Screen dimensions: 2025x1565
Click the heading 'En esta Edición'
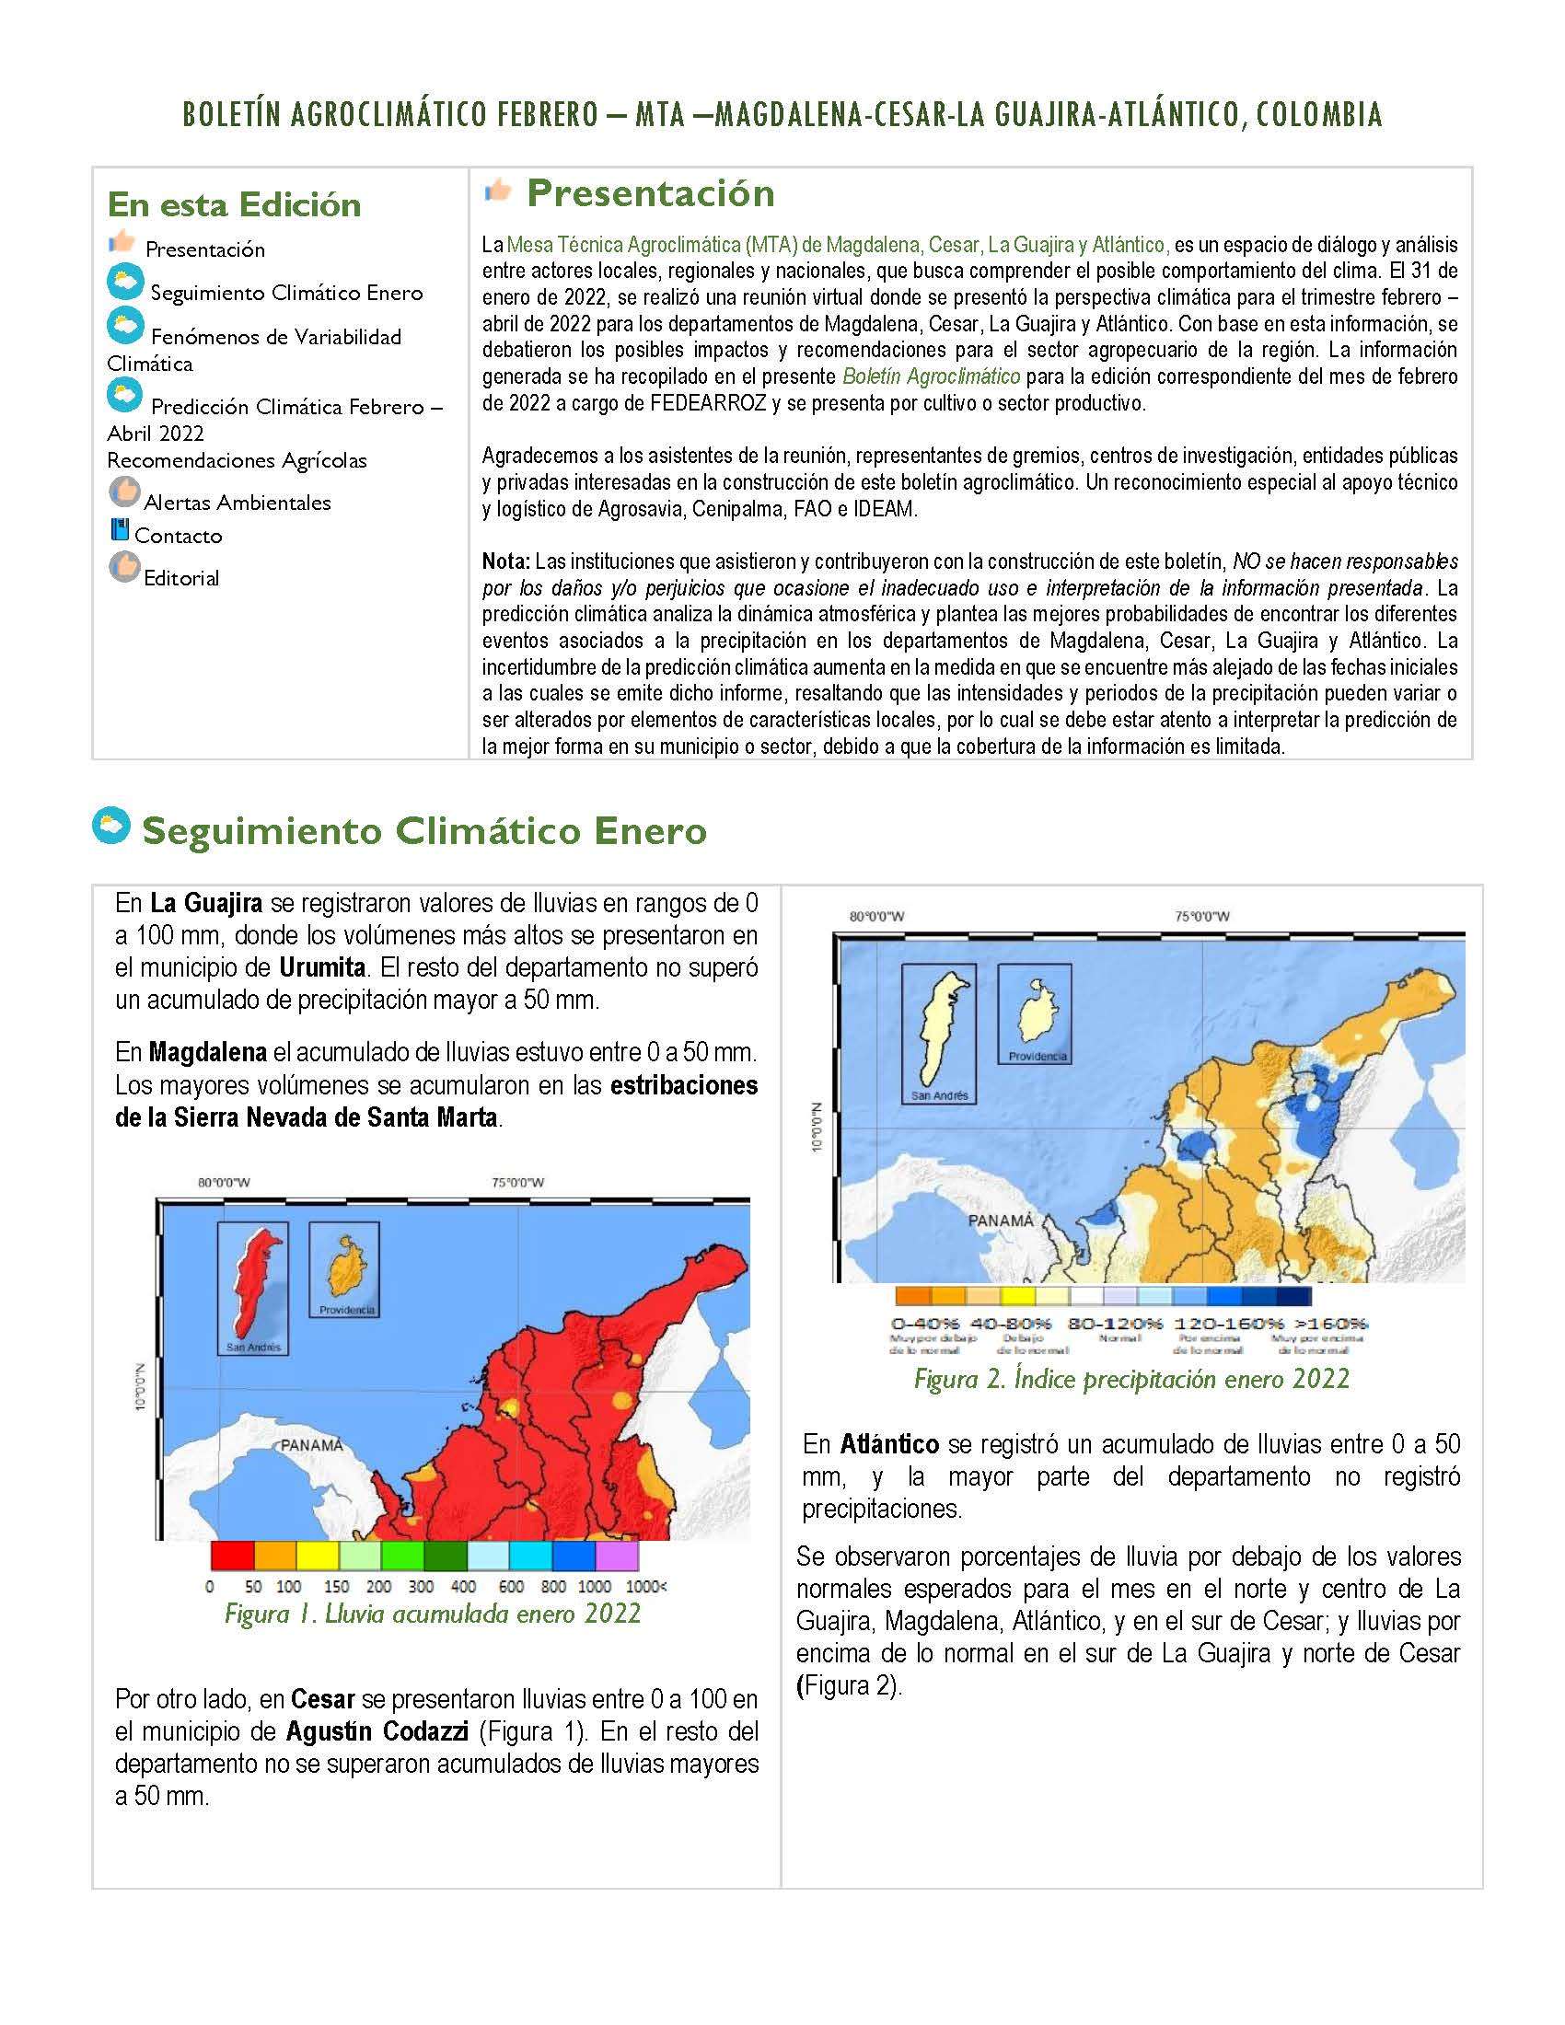(x=234, y=205)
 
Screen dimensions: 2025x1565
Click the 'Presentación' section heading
(x=650, y=193)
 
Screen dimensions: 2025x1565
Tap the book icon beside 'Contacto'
(x=119, y=530)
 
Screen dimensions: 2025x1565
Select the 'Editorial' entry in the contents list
(x=180, y=578)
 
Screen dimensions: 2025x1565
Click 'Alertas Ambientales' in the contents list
(x=237, y=503)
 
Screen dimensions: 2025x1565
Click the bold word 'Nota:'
(x=505, y=561)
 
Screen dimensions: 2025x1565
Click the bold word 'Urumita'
(x=321, y=967)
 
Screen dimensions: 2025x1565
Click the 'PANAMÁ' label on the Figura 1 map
(x=311, y=1444)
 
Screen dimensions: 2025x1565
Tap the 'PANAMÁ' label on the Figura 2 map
(x=1001, y=1221)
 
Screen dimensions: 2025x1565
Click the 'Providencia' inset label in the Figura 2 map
(x=1038, y=1056)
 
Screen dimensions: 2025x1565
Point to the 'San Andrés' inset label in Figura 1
(x=253, y=1347)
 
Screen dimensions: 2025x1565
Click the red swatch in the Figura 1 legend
(x=232, y=1555)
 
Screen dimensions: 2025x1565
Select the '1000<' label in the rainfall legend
(x=646, y=1587)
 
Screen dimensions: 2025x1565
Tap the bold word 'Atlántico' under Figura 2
(x=889, y=1443)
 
